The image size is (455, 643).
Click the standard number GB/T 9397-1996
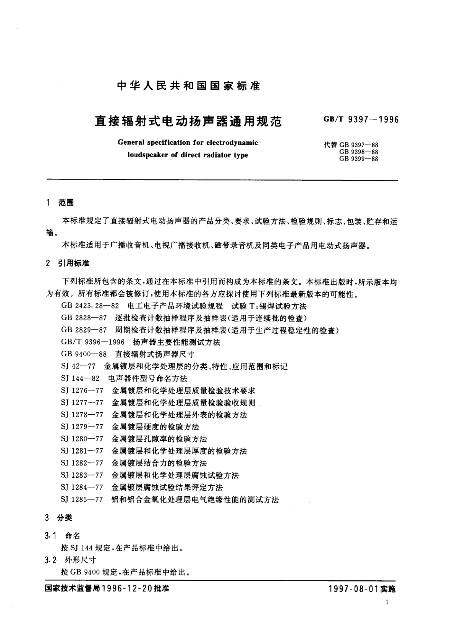click(361, 120)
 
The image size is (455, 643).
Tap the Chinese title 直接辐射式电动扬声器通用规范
click(188, 121)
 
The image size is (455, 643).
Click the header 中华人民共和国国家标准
click(189, 86)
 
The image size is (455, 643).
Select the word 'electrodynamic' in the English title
click(232, 143)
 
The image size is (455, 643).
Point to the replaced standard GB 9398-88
click(358, 152)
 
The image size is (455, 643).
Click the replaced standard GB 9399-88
click(358, 159)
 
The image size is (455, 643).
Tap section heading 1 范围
click(60, 203)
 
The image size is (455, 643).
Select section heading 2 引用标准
click(67, 263)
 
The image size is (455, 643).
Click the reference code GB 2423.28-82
click(90, 306)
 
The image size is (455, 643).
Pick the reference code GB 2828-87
click(84, 318)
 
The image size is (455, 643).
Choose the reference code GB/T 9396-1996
click(92, 342)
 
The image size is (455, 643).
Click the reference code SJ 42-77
click(78, 367)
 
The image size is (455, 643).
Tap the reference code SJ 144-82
click(80, 378)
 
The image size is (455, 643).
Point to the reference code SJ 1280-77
click(82, 439)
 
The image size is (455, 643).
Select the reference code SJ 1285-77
click(82, 499)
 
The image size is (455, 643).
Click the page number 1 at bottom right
click(387, 602)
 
